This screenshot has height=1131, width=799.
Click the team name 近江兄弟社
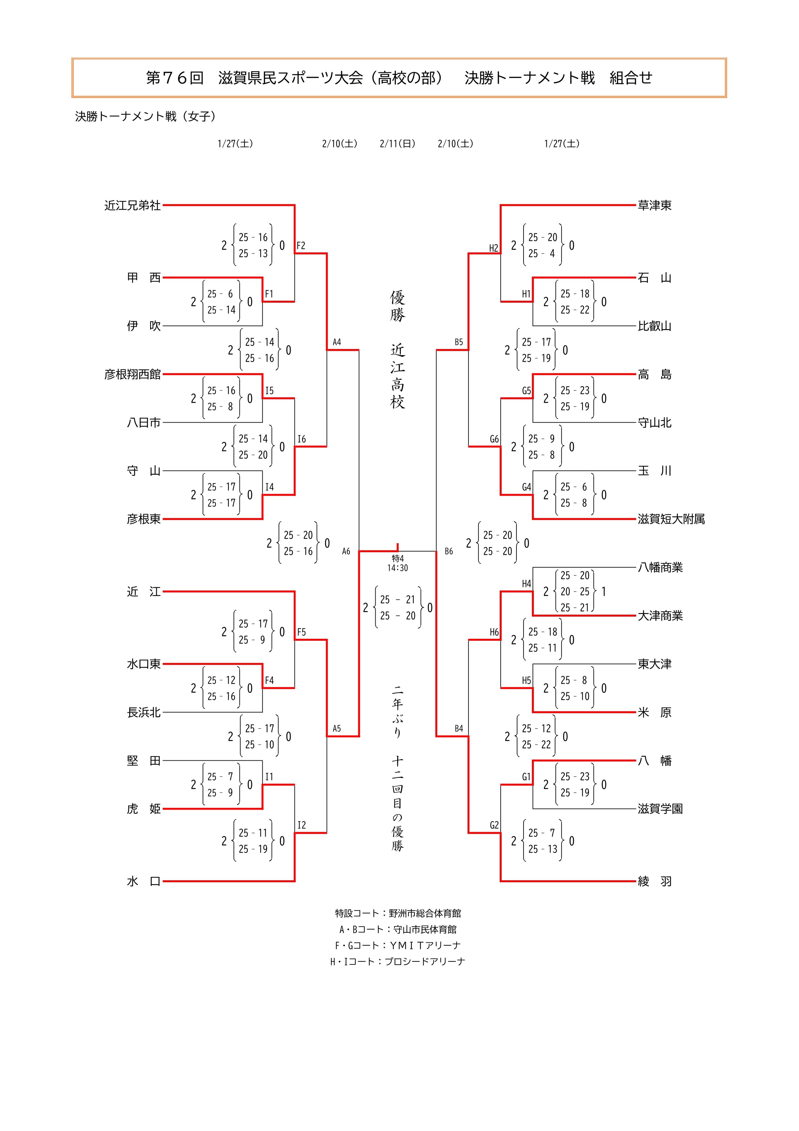click(132, 205)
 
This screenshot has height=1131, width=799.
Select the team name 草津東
click(654, 205)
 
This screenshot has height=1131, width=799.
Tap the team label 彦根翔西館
click(132, 375)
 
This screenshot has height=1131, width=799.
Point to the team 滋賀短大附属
click(671, 519)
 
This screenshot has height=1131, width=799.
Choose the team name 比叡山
click(654, 326)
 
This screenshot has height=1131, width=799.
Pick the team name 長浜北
click(144, 712)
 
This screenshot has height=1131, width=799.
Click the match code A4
click(337, 342)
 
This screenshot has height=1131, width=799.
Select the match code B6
click(448, 551)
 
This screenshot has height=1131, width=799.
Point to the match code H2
click(493, 248)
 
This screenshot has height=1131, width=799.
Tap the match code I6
click(301, 439)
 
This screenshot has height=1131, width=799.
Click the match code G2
click(494, 825)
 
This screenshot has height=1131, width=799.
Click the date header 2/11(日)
click(397, 144)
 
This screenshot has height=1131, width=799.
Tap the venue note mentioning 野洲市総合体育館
click(398, 913)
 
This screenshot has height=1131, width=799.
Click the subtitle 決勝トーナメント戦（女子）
click(146, 116)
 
